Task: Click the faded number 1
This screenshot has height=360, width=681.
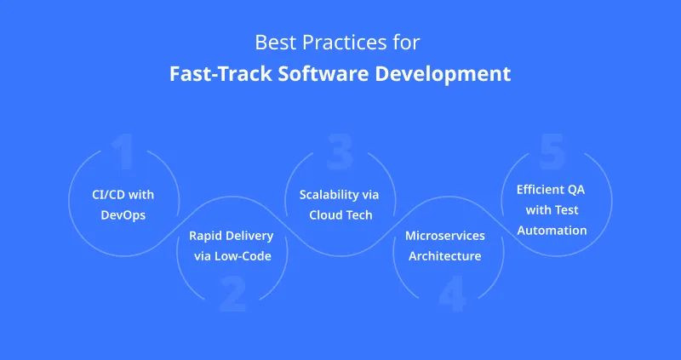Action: (123, 152)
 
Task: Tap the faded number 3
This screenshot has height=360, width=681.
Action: (340, 152)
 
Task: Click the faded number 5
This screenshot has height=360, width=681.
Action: (552, 152)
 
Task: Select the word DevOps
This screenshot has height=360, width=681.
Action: (123, 215)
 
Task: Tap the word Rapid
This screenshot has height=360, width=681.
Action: (205, 236)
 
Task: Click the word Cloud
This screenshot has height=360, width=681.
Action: (325, 215)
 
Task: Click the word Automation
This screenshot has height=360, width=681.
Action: (551, 230)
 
